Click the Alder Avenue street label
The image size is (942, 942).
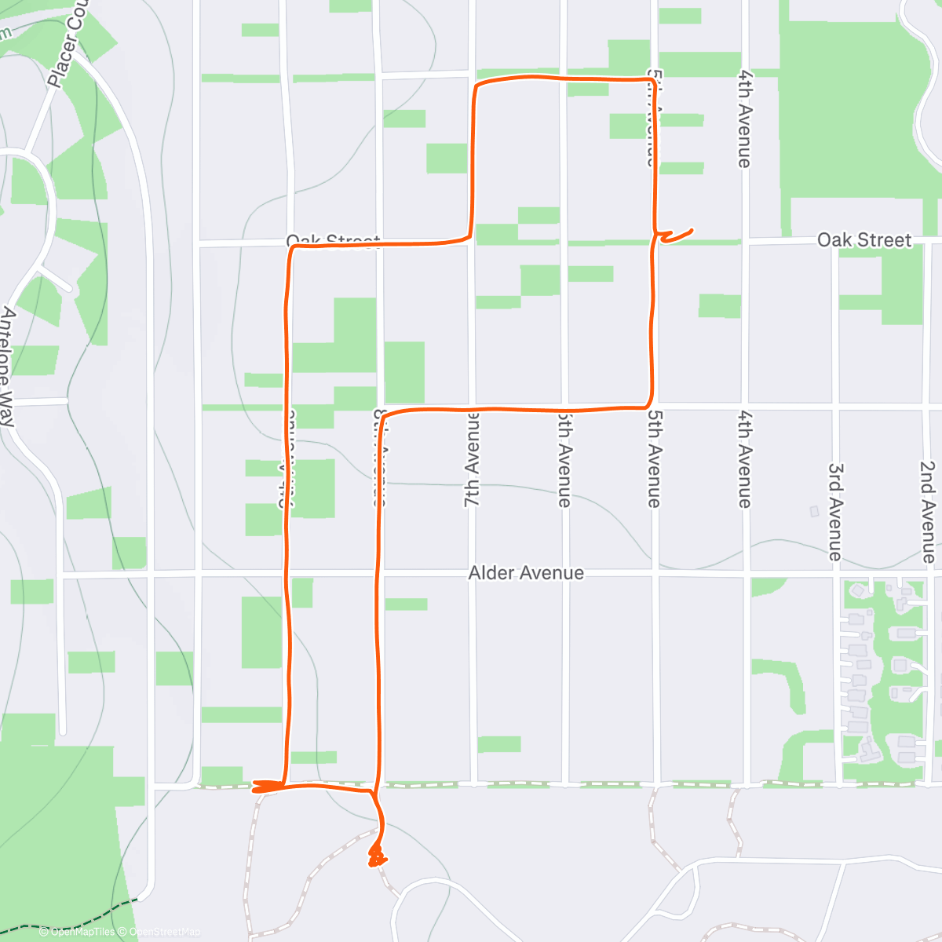tap(526, 573)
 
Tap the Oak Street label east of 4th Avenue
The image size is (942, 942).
tap(864, 239)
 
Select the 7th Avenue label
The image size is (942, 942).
tap(471, 458)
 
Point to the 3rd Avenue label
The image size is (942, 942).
tap(836, 511)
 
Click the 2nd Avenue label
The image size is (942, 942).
tap(928, 512)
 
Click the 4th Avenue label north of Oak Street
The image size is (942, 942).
tap(744, 118)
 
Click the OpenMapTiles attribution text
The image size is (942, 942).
tap(77, 932)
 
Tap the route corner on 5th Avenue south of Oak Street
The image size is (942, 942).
tap(650, 404)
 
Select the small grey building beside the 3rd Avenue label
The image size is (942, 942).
tap(814, 511)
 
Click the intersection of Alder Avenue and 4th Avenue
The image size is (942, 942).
tap(746, 575)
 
